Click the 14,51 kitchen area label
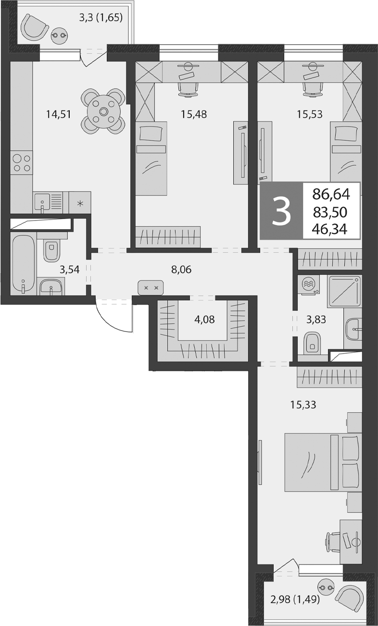(x=59, y=114)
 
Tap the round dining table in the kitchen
(x=103, y=111)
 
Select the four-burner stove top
(x=22, y=163)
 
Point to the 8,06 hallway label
(x=181, y=270)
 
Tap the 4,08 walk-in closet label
(x=204, y=319)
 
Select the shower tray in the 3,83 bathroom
(x=344, y=292)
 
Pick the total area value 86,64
(x=331, y=195)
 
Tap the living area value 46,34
(x=330, y=230)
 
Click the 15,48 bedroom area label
(x=194, y=114)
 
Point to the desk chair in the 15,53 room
(x=312, y=89)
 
